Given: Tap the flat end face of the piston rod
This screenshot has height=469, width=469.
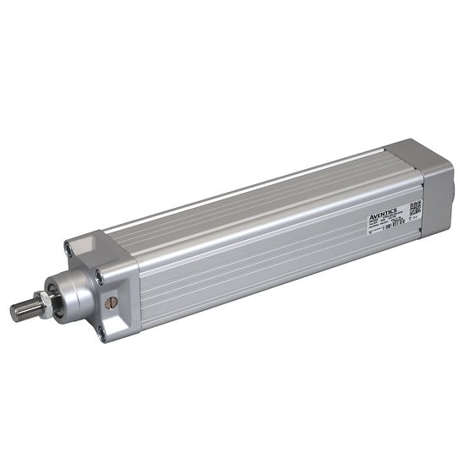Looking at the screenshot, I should (x=14, y=312).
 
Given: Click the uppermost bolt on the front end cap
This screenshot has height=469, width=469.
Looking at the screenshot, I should (x=68, y=248).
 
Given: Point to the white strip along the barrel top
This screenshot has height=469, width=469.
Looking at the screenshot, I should (x=254, y=187).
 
